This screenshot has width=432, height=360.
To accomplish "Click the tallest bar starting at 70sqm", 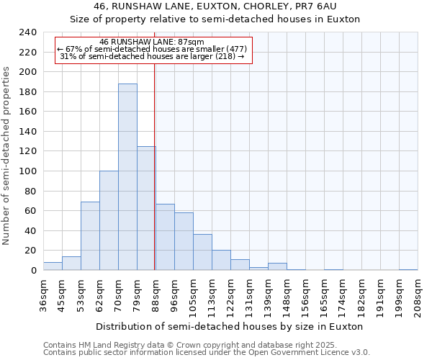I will (x=127, y=177).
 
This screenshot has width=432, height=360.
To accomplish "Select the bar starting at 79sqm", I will (x=146, y=208).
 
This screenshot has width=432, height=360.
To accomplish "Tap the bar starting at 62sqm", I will (x=109, y=220).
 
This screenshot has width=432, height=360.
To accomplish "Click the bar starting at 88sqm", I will (x=165, y=237).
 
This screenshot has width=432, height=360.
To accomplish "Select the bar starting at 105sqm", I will (x=202, y=252).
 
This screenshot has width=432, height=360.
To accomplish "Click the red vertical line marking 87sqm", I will (x=155, y=144).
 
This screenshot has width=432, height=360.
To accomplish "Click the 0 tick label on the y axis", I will (x=33, y=271).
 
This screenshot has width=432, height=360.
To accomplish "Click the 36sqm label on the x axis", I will (x=43, y=295).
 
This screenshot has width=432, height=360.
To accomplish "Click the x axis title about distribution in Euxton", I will (x=230, y=326).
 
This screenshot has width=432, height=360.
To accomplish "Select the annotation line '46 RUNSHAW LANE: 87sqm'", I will (x=152, y=42).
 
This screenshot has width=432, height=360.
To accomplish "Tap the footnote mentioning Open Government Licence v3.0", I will (x=207, y=353).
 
